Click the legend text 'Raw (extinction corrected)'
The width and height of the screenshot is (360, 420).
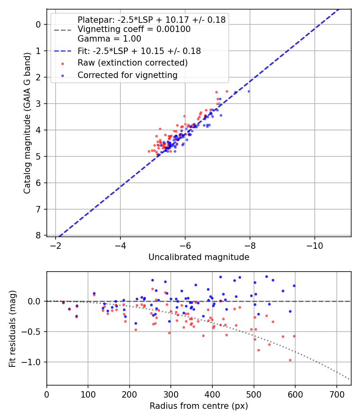(132, 63)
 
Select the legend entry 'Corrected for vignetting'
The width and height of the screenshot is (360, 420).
(127, 75)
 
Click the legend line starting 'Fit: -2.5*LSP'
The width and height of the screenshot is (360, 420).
(139, 51)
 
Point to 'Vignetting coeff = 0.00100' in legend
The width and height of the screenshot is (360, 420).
(134, 29)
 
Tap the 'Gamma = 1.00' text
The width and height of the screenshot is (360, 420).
(109, 39)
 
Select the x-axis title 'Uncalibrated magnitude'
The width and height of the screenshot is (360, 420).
(199, 257)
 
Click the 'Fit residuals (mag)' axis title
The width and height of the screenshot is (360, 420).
(12, 328)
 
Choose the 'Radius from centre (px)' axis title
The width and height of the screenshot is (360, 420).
(199, 406)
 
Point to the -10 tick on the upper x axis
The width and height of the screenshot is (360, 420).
(314, 244)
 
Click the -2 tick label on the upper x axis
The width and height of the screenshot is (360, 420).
(56, 244)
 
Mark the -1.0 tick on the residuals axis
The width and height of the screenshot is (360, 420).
(34, 362)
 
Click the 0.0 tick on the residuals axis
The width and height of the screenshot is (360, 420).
(36, 301)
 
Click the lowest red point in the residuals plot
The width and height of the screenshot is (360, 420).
(290, 360)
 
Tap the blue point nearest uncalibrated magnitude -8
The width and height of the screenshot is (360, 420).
(248, 91)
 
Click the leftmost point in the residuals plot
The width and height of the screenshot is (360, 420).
(63, 302)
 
